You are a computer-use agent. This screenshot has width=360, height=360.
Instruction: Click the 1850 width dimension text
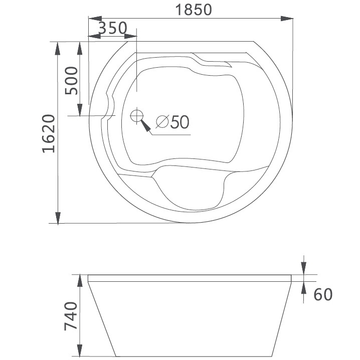pyautogui.click(x=191, y=9)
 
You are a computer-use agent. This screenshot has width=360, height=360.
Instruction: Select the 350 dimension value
pyautogui.click(x=112, y=28)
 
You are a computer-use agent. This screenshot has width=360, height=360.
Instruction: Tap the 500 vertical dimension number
pyautogui.click(x=72, y=80)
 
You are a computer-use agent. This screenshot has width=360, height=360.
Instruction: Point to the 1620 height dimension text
pyautogui.click(x=48, y=133)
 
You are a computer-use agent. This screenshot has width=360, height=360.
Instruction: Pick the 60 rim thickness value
pyautogui.click(x=323, y=294)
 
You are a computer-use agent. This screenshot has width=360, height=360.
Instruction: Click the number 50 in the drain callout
pyautogui.click(x=179, y=122)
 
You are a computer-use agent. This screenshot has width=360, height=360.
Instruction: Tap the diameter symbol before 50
pyautogui.click(x=161, y=122)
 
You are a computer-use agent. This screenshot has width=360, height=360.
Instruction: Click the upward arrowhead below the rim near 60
pyautogui.click(x=304, y=288)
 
